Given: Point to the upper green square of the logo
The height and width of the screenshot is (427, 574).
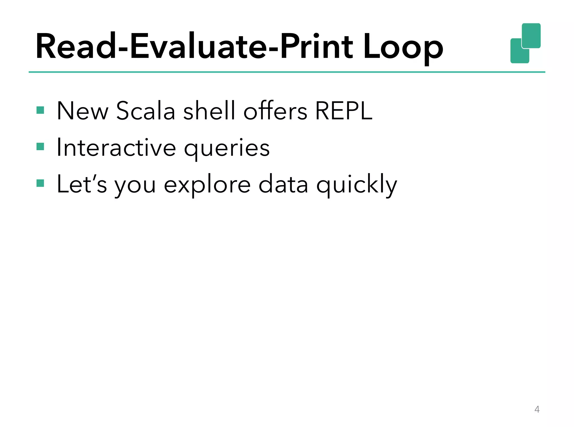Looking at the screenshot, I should tap(531, 35).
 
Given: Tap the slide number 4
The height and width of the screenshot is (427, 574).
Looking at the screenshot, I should tap(537, 409).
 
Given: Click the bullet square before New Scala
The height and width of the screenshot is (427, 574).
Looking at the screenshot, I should tap(40, 110).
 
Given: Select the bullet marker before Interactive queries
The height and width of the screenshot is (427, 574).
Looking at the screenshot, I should tap(40, 147).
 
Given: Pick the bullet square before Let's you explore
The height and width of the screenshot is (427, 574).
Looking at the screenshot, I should tap(40, 183).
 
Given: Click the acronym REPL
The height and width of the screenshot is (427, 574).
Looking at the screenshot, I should tap(344, 111).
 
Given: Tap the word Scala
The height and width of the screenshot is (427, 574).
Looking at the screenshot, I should tap(145, 111).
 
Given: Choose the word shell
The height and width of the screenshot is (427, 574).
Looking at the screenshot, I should tap(209, 111).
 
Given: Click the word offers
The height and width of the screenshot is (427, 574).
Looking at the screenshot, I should tap(275, 111).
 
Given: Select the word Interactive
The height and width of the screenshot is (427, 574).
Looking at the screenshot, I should tap(116, 147).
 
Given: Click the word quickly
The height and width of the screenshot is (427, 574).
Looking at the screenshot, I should tap(357, 185).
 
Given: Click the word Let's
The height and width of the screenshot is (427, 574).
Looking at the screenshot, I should tap(82, 184).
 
